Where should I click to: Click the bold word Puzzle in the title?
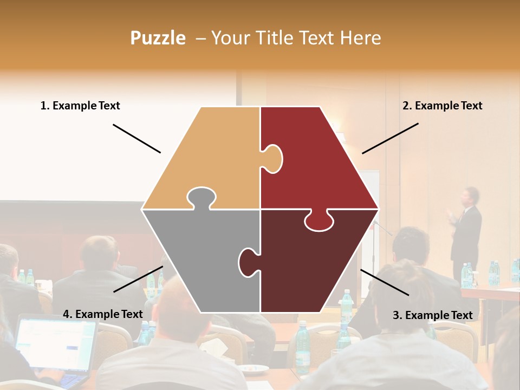158,38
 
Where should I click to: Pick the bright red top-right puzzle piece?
320,162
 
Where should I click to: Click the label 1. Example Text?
80,106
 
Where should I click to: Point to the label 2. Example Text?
442,106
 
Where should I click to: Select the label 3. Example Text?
432,315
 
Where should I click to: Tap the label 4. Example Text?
103,314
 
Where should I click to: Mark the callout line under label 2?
390,138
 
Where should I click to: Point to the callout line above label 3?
384,282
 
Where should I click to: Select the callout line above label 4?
138,279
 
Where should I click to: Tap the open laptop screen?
54,344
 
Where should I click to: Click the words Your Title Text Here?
296,38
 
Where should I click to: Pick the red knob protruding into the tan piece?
272,159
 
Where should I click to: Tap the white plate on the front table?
255,369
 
